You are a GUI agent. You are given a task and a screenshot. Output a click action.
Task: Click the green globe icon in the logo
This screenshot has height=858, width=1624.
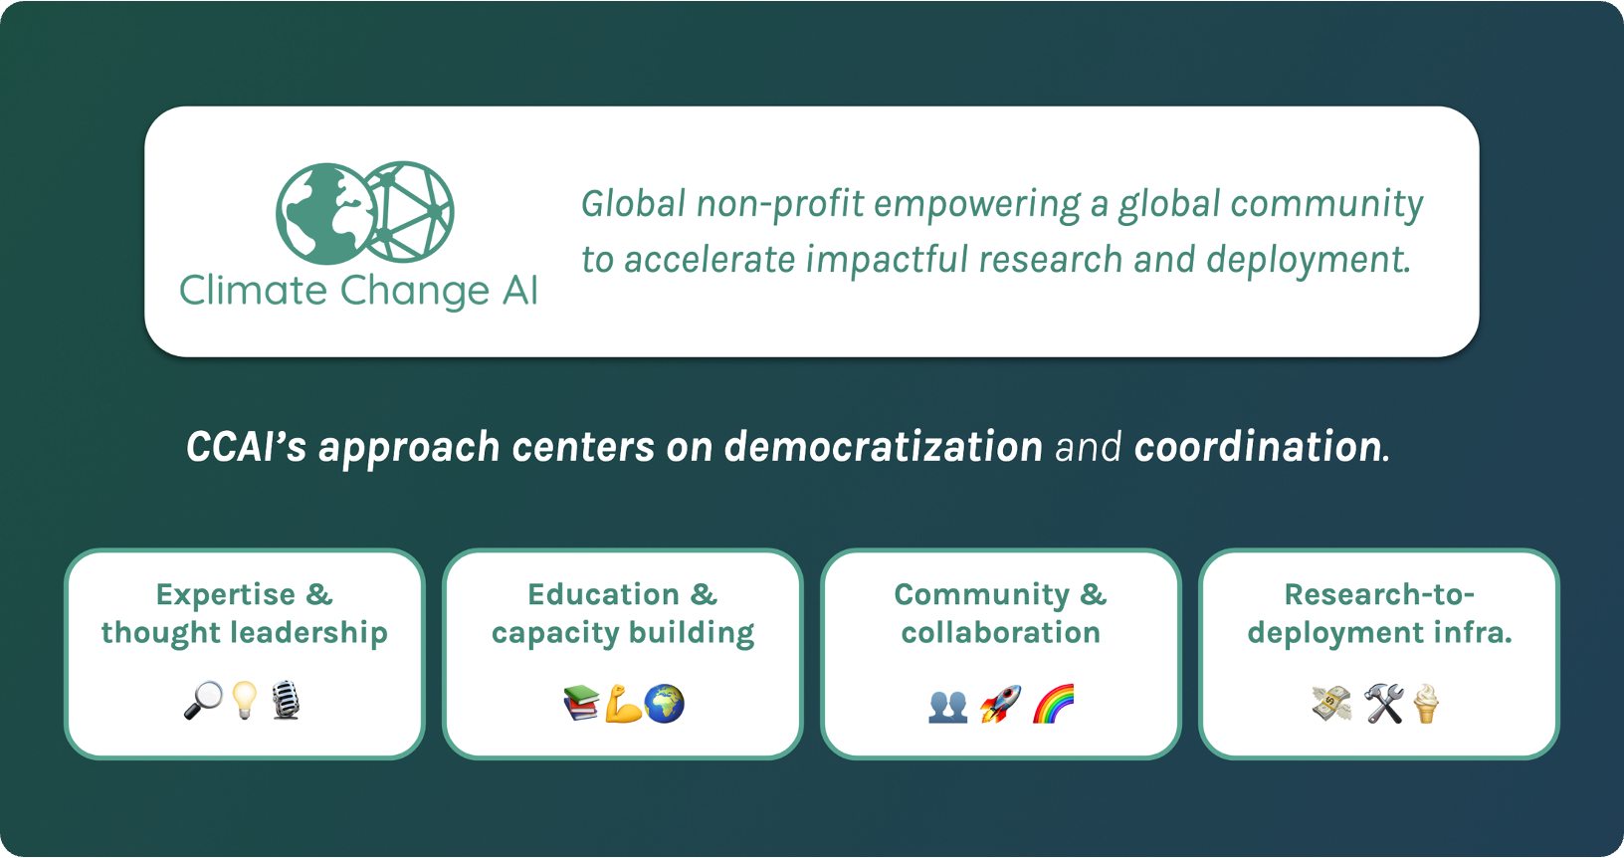tap(327, 213)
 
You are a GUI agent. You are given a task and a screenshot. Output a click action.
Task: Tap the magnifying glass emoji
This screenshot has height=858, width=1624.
tap(203, 700)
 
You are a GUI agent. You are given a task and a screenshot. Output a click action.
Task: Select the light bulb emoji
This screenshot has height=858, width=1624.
tap(245, 700)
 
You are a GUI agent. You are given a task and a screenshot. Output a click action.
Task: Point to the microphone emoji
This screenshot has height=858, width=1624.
tap(286, 700)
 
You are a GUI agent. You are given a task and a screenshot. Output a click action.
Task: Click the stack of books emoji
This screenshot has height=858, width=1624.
tap(581, 703)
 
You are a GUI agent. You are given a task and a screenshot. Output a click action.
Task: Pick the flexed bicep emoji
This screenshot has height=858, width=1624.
tap(624, 704)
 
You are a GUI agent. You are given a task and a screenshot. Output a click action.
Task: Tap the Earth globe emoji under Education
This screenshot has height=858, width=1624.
tap(664, 704)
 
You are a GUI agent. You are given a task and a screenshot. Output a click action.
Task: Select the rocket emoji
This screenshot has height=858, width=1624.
tap(1000, 704)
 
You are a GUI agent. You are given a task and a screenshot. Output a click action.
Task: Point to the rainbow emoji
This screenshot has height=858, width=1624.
tap(1053, 704)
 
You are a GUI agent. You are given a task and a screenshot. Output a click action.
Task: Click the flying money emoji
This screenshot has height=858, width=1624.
tap(1331, 704)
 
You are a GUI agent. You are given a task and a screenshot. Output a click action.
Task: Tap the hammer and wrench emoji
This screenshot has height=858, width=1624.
tap(1384, 704)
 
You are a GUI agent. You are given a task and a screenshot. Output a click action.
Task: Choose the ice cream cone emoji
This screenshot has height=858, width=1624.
tap(1425, 704)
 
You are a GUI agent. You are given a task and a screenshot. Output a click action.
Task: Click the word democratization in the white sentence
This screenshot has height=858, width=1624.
tap(883, 446)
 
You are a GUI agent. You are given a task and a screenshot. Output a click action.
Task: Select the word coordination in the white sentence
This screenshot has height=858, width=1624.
tap(1258, 446)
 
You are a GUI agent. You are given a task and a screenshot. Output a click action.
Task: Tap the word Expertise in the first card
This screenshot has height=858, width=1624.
tap(226, 595)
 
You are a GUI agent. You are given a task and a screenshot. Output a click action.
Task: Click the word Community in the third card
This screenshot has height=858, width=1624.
tap(981, 595)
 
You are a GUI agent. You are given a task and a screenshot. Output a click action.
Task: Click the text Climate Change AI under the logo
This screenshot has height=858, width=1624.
tap(358, 291)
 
